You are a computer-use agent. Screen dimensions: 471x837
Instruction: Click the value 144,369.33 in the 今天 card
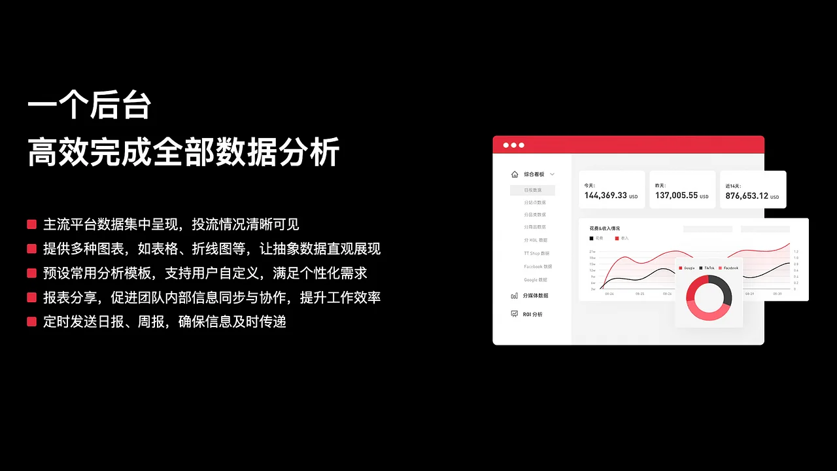tap(606, 196)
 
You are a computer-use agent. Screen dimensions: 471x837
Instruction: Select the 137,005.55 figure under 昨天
tap(676, 196)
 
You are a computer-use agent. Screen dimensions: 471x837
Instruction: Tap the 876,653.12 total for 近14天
tap(747, 196)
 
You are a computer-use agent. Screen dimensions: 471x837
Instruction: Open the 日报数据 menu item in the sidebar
tap(533, 190)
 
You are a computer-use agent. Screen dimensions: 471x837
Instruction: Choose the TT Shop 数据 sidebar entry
tap(536, 253)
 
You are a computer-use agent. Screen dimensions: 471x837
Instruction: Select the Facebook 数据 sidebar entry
tap(538, 267)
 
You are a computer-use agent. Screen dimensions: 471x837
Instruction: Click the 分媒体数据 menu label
tap(536, 296)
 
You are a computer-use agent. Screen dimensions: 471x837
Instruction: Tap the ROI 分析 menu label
tap(532, 315)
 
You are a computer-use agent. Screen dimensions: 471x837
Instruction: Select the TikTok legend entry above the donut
tap(709, 268)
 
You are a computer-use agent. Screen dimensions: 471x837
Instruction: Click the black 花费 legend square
tap(592, 238)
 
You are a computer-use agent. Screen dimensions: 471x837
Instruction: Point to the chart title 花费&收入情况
tap(604, 228)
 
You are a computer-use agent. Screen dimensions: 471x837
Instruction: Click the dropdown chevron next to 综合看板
tap(552, 175)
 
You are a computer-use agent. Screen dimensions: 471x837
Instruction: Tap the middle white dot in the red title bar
tap(513, 145)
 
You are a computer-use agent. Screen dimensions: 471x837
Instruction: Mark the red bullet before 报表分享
tap(31, 298)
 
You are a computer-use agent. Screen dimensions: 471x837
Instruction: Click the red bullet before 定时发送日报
tap(31, 322)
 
